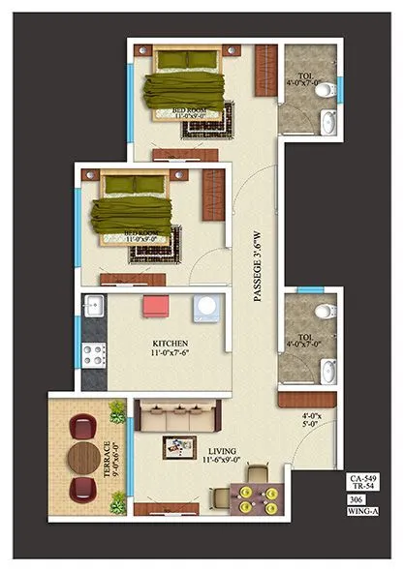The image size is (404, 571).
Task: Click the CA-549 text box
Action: pos(364,480)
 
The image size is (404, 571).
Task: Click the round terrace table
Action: pos(86,456)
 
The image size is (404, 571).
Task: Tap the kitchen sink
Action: pos(94,307)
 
